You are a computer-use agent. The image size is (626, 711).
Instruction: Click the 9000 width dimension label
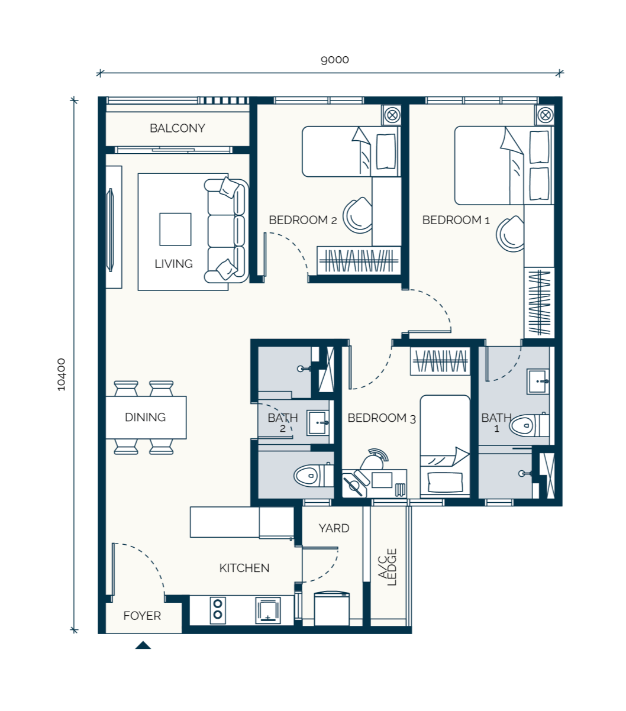pos(334,60)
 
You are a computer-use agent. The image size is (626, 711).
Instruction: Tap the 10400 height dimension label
pos(61,374)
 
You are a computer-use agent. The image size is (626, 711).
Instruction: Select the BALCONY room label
pos(178,128)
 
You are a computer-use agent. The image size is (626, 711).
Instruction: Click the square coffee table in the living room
pos(175,229)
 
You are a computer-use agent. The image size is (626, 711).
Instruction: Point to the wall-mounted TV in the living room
pos(111,230)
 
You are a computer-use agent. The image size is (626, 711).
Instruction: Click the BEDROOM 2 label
pos(302,220)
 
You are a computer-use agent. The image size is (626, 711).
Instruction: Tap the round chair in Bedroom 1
pos(510,234)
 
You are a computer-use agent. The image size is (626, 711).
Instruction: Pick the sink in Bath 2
pos(318,423)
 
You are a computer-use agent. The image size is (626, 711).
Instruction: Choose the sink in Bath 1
pos(538,381)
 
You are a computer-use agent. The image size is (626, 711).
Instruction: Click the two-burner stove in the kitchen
pos(218,611)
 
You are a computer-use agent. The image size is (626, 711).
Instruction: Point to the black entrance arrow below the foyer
pos(143,645)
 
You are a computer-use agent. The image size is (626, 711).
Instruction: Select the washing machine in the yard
pos(332,609)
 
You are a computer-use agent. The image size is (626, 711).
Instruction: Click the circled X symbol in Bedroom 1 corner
pos(546,115)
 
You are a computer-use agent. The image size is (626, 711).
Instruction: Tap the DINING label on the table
pos(145,417)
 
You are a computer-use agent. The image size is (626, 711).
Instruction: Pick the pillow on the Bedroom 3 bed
pos(445,482)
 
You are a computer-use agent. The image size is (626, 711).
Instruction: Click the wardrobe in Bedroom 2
pos(359,260)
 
